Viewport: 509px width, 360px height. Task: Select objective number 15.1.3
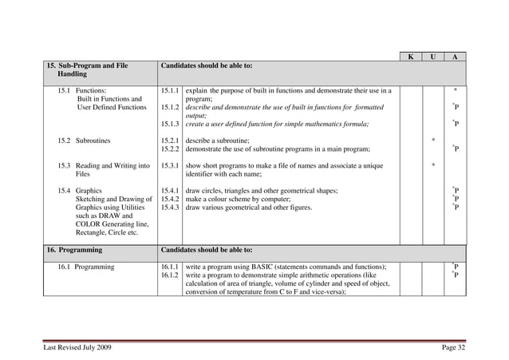169,124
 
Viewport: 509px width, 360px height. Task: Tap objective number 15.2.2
169,148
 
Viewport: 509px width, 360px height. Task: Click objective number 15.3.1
169,165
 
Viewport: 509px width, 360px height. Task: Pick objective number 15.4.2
169,199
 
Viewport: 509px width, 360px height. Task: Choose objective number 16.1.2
169,275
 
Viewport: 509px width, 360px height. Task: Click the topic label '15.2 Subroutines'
84,140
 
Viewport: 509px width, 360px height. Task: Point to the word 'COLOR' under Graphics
89,224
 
